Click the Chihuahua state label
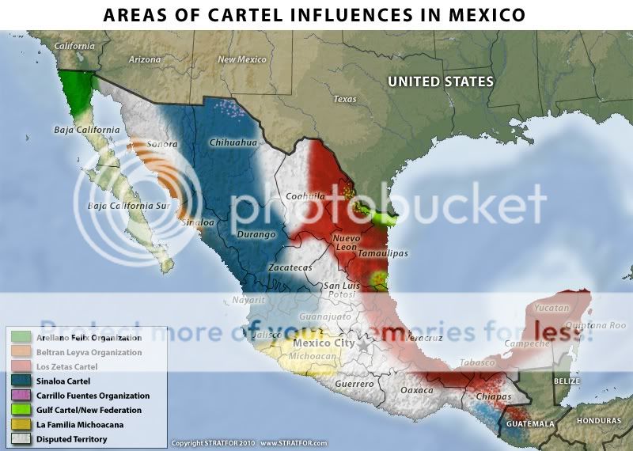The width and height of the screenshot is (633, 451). [234, 142]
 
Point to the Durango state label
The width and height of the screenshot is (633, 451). [257, 235]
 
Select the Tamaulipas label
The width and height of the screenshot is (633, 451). [382, 253]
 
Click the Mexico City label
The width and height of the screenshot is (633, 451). [324, 343]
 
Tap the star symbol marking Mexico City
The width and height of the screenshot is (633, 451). [363, 345]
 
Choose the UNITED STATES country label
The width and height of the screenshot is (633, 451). [440, 81]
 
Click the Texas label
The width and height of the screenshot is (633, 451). [345, 100]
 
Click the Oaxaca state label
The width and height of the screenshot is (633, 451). [417, 390]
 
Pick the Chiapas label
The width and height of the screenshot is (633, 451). [495, 396]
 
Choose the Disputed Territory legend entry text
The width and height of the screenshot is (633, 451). [76, 438]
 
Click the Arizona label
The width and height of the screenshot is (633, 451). [145, 59]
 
